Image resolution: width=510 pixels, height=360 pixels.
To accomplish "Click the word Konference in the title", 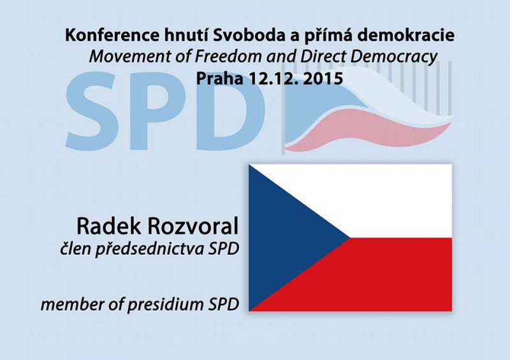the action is click(112, 35).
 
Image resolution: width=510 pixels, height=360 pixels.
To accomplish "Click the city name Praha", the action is click(219, 79).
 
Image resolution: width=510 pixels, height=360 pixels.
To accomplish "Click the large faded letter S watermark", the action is click(92, 112).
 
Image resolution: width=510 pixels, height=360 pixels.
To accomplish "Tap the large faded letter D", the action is click(228, 112).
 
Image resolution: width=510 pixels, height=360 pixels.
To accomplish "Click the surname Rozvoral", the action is click(193, 226).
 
